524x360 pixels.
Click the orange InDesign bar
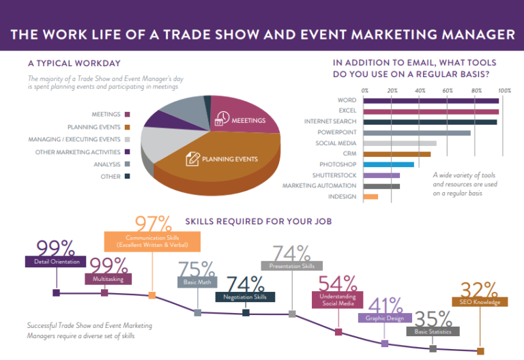[370, 196]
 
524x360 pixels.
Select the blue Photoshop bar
[388, 164]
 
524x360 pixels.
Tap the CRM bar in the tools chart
[396, 154]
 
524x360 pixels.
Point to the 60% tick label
[448, 90]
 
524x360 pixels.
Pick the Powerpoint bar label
[336, 132]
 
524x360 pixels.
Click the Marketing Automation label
[319, 185]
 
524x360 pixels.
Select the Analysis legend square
[127, 164]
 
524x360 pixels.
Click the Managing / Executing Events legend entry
[84, 139]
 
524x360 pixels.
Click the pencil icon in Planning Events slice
[192, 160]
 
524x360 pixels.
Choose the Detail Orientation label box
[56, 261]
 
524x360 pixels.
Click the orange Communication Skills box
[152, 241]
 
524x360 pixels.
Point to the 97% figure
[153, 224]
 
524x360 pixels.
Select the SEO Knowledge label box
[480, 301]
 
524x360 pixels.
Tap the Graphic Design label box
[385, 318]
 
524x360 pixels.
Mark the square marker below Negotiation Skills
[246, 313]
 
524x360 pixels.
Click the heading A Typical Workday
[70, 63]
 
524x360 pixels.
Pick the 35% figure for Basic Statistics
[433, 318]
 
